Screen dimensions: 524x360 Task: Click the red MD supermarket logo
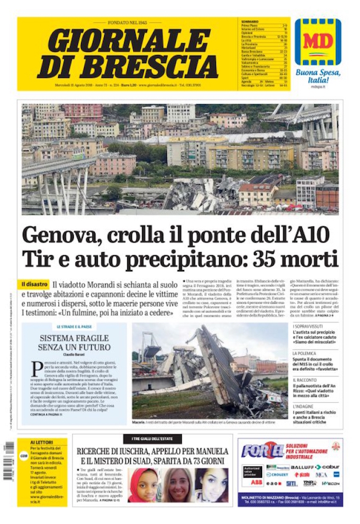(317, 42)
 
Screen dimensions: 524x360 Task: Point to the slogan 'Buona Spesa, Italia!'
(318, 76)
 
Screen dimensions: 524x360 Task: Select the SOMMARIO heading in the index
(250, 22)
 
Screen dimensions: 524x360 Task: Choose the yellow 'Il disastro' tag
(34, 284)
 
